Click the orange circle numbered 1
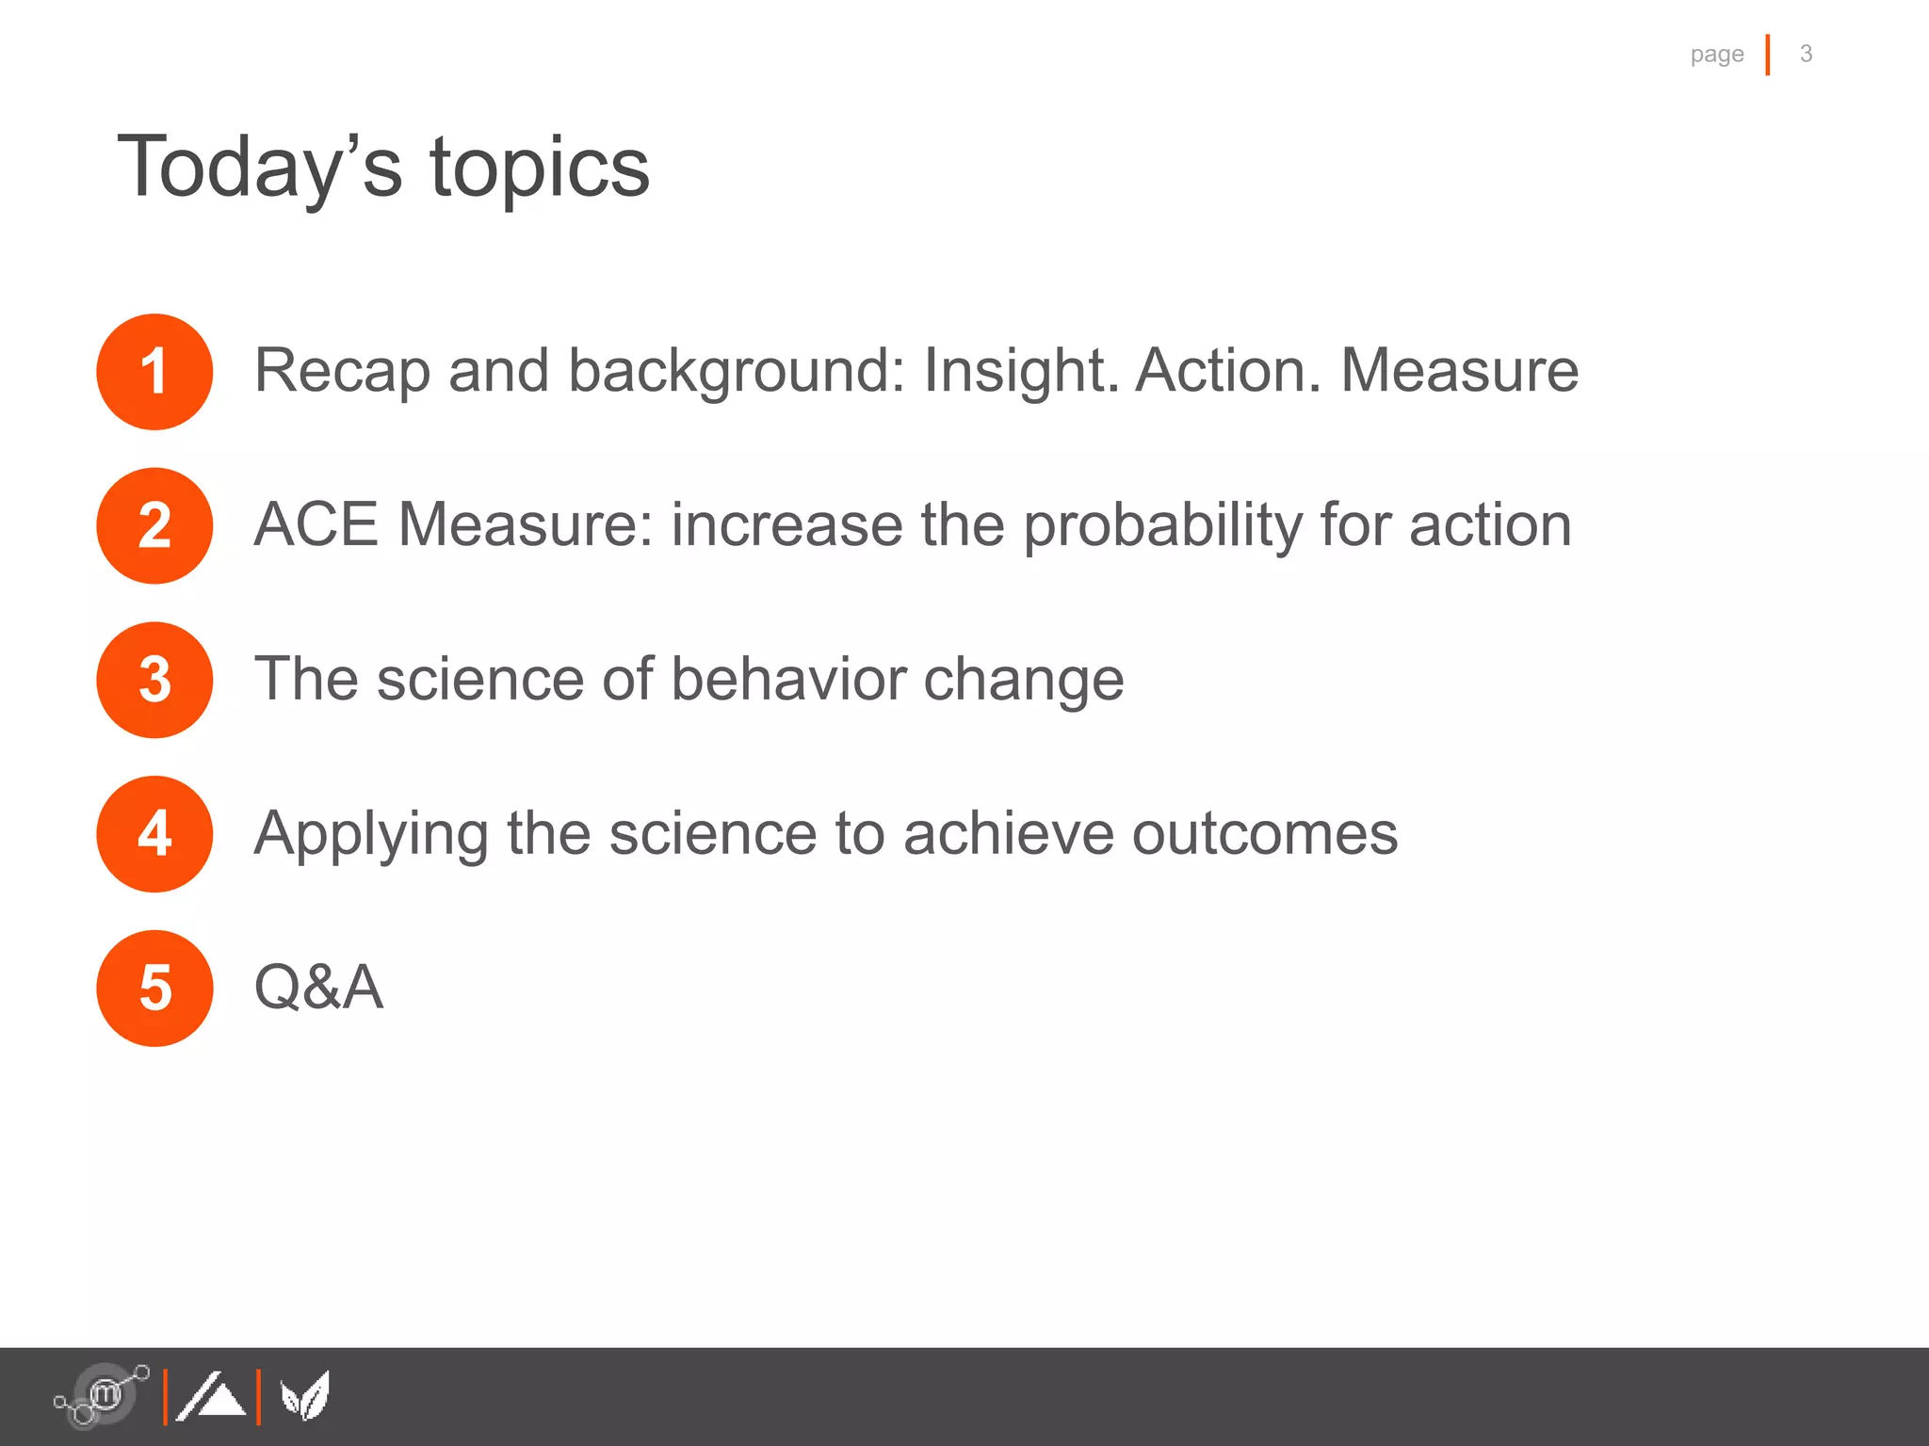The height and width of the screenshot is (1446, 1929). pyautogui.click(x=154, y=372)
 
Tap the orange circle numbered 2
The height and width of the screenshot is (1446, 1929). pyautogui.click(x=154, y=526)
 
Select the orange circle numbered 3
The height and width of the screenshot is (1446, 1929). pyautogui.click(x=154, y=680)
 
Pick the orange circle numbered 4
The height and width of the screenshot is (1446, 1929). pyautogui.click(x=154, y=834)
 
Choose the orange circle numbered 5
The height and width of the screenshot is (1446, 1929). pyautogui.click(x=154, y=988)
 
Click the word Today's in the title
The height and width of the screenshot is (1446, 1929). pyautogui.click(x=260, y=168)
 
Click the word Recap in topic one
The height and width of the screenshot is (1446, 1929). pyautogui.click(x=342, y=371)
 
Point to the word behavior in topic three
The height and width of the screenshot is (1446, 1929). pyautogui.click(x=787, y=679)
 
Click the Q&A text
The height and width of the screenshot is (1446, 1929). pyautogui.click(x=319, y=988)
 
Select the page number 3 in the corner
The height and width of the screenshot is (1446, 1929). pyautogui.click(x=1806, y=54)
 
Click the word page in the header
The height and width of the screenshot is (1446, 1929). pyautogui.click(x=1716, y=55)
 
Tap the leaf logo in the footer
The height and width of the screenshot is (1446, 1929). pyautogui.click(x=305, y=1395)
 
